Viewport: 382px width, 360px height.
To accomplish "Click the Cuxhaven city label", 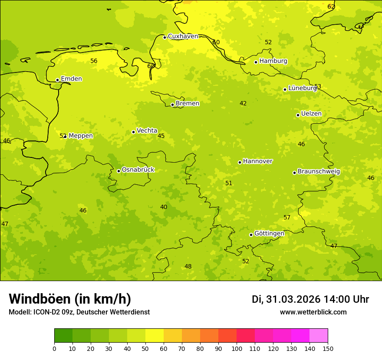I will [x=183, y=36].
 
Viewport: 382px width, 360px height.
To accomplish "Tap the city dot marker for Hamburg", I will [x=256, y=62].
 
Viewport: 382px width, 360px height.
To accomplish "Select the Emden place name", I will [x=71, y=79].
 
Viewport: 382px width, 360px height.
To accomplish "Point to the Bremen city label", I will [x=188, y=104].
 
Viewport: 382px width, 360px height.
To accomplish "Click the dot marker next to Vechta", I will [x=133, y=132].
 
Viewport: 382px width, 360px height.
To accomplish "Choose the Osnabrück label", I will [x=138, y=170].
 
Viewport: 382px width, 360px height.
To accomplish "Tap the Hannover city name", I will [x=257, y=161].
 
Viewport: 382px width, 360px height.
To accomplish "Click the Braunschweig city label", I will [x=319, y=171].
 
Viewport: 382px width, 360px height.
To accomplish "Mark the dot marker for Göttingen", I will [x=251, y=235].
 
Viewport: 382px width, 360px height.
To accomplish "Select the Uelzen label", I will [x=311, y=114].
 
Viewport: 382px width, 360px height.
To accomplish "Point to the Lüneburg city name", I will [x=303, y=88].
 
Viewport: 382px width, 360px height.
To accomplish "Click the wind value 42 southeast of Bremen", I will [x=243, y=103].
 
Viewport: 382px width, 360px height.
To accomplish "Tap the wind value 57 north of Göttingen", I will [x=287, y=217].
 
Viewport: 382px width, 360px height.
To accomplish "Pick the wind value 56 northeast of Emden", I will [x=94, y=61].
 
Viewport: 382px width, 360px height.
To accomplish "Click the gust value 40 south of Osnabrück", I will [x=164, y=207].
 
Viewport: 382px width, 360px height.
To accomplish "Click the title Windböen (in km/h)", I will [x=70, y=299].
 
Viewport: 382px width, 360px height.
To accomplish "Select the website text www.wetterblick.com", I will [x=313, y=312].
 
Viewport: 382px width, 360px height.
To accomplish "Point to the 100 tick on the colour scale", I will [x=237, y=349].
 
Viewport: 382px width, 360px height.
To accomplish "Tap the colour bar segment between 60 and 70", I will [x=173, y=336].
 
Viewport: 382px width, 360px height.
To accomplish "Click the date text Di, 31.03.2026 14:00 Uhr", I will [x=310, y=299].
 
